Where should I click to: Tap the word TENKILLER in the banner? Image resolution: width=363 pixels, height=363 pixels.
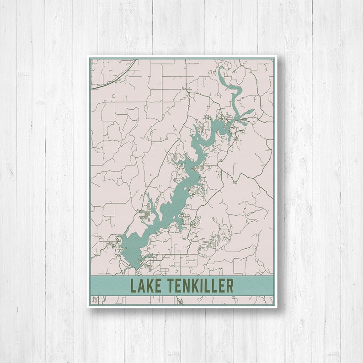point(197,286)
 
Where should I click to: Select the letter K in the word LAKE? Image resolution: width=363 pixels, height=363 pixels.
point(149,286)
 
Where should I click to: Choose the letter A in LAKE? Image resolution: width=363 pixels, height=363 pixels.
point(141,286)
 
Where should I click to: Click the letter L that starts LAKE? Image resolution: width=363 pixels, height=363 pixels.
point(133,286)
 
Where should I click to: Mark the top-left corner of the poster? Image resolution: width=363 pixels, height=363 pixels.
point(88,56)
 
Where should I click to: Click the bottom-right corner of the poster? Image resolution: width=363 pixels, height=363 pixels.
point(277,307)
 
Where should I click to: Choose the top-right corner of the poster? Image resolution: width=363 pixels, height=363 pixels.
point(277,56)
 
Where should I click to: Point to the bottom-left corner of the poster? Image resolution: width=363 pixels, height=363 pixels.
point(88,307)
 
